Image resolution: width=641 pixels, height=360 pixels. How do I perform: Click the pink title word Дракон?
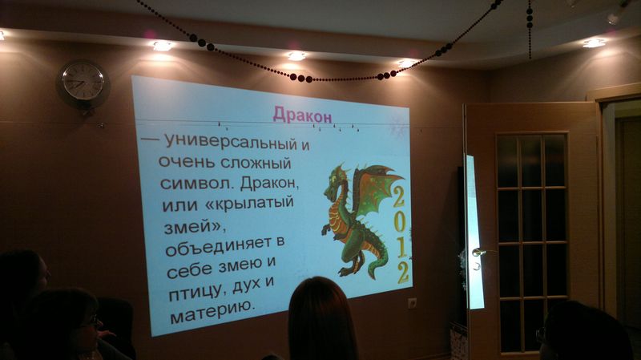tap(302, 115)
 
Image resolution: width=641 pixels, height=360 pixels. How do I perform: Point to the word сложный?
tap(256, 164)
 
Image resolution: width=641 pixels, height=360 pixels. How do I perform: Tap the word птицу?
tap(198, 292)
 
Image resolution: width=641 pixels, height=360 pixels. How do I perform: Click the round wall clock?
tap(83, 82)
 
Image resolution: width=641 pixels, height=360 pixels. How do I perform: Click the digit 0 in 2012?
tap(399, 223)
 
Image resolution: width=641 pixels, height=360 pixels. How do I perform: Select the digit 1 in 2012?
tap(402, 246)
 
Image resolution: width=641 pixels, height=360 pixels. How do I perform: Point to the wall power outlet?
tap(412, 303)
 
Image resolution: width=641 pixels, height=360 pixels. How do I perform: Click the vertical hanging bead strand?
tap(530, 29)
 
